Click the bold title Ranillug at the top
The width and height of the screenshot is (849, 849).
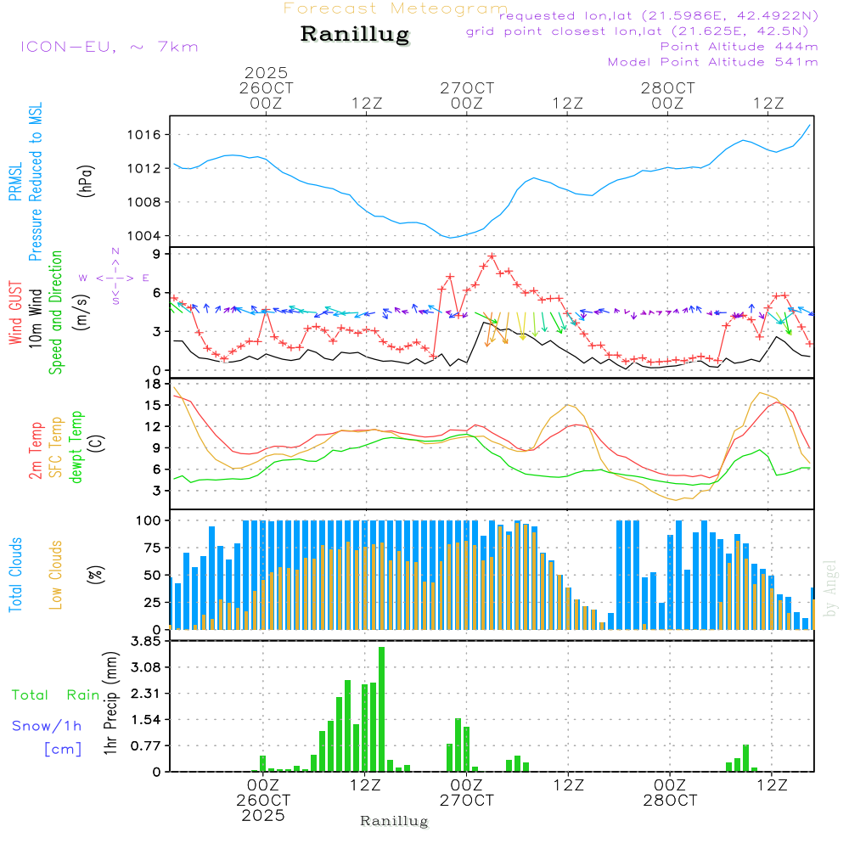355,35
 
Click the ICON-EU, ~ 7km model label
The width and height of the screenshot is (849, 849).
109,46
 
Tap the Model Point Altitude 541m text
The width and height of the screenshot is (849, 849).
713,62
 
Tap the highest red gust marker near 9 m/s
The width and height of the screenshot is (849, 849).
492,256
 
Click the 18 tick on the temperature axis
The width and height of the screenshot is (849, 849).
156,384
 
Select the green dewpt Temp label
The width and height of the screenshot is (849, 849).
76,447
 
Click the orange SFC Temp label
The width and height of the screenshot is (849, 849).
55,447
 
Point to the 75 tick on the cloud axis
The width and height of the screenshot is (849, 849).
155,547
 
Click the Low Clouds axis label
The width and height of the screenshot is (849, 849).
56,574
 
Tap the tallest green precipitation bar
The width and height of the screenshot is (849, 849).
382,709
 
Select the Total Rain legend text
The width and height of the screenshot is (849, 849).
55,694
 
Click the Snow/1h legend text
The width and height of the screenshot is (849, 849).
48,726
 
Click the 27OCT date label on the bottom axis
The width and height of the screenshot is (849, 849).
466,801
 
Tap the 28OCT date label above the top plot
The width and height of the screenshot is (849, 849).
668,87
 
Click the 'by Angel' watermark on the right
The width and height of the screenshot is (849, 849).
830,589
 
